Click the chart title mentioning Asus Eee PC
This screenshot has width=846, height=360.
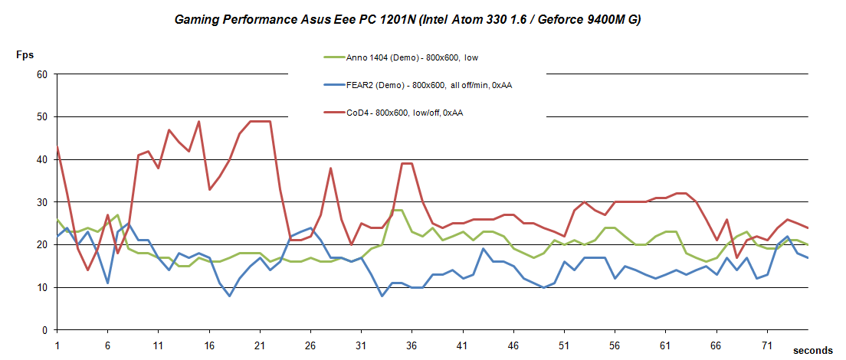406,19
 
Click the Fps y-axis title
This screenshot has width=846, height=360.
25,55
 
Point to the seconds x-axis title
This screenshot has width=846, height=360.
812,350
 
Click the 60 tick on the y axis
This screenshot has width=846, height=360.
42,74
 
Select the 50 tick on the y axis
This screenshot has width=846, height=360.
42,117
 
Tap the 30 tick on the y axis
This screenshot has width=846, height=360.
42,202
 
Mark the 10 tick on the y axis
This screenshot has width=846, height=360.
42,287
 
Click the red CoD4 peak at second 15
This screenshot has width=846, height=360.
199,122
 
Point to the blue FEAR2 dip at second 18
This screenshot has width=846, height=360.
229,296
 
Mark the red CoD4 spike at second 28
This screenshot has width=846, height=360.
330,169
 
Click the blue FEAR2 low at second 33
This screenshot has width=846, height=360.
382,296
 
